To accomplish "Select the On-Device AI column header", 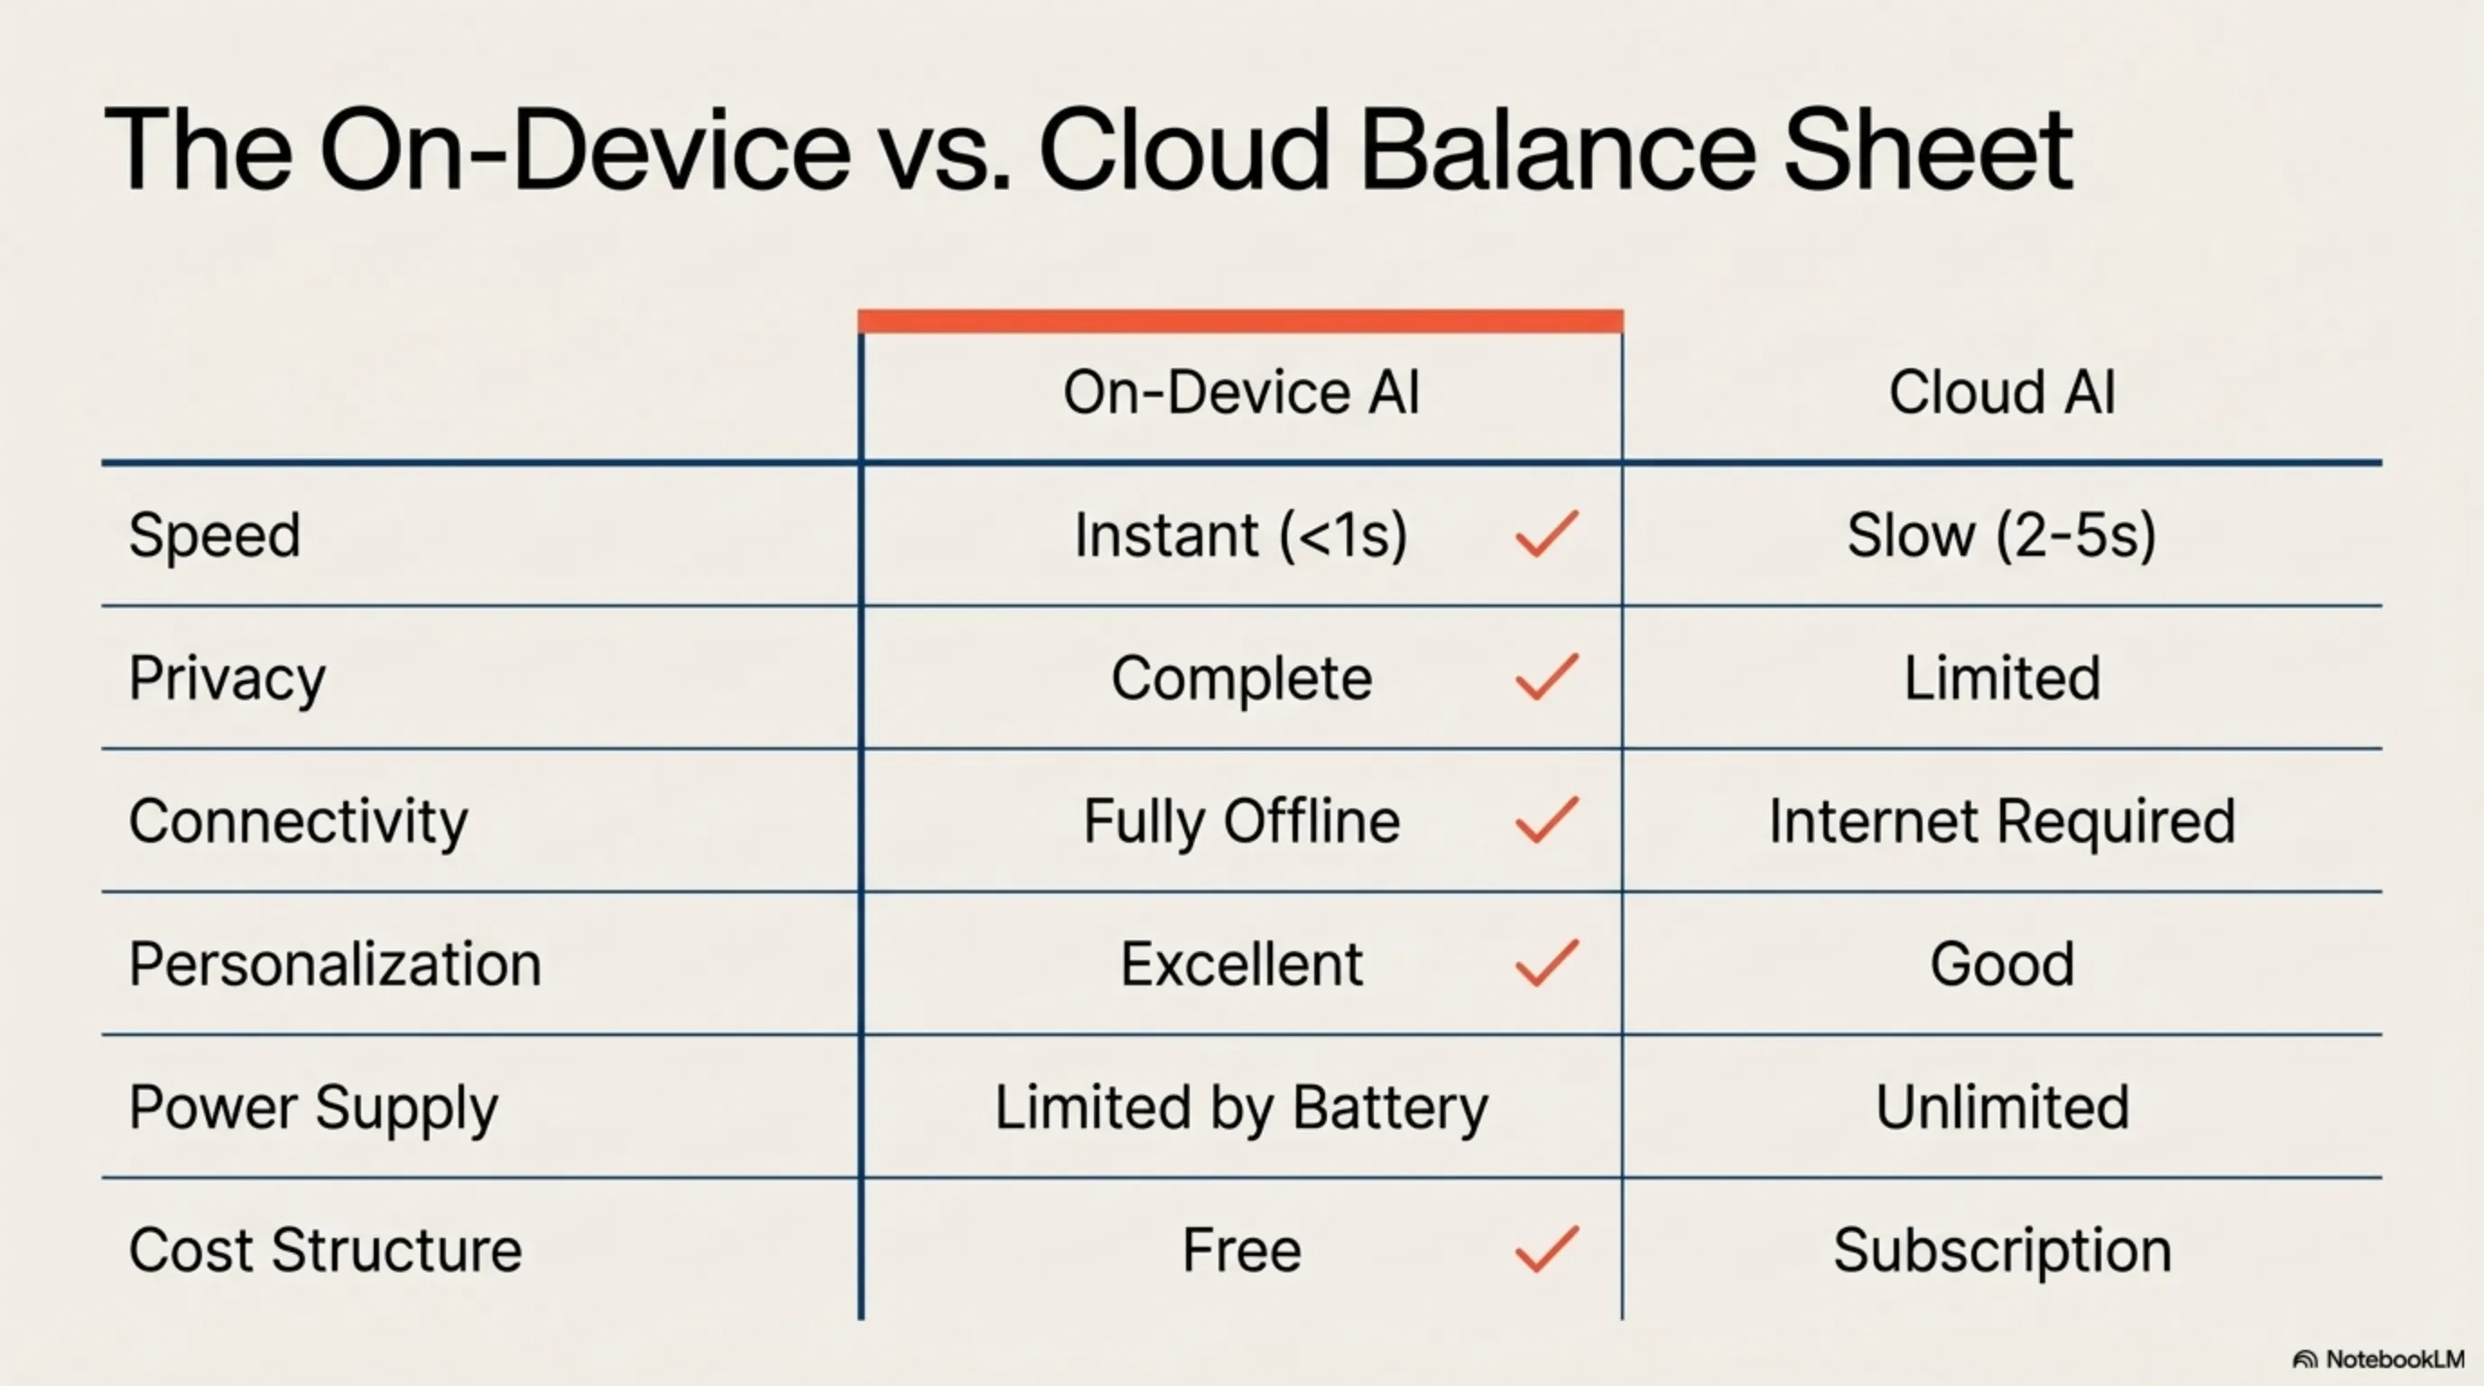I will point(1241,393).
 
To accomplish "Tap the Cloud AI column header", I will point(2002,393).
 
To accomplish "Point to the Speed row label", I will point(214,536).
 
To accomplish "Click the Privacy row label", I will point(227,679).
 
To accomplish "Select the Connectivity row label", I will point(298,822).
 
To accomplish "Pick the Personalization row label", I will point(335,965).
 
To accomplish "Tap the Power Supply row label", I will point(313,1108).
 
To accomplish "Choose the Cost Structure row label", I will point(325,1251).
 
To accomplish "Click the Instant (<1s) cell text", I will point(1240,536).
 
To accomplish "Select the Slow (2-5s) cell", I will point(2002,536).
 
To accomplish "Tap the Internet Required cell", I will point(2002,822).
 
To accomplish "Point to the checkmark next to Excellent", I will point(1547,963).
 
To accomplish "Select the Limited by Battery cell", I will point(1241,1108).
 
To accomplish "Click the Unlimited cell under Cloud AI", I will point(2002,1108).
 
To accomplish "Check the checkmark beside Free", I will point(1547,1249).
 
